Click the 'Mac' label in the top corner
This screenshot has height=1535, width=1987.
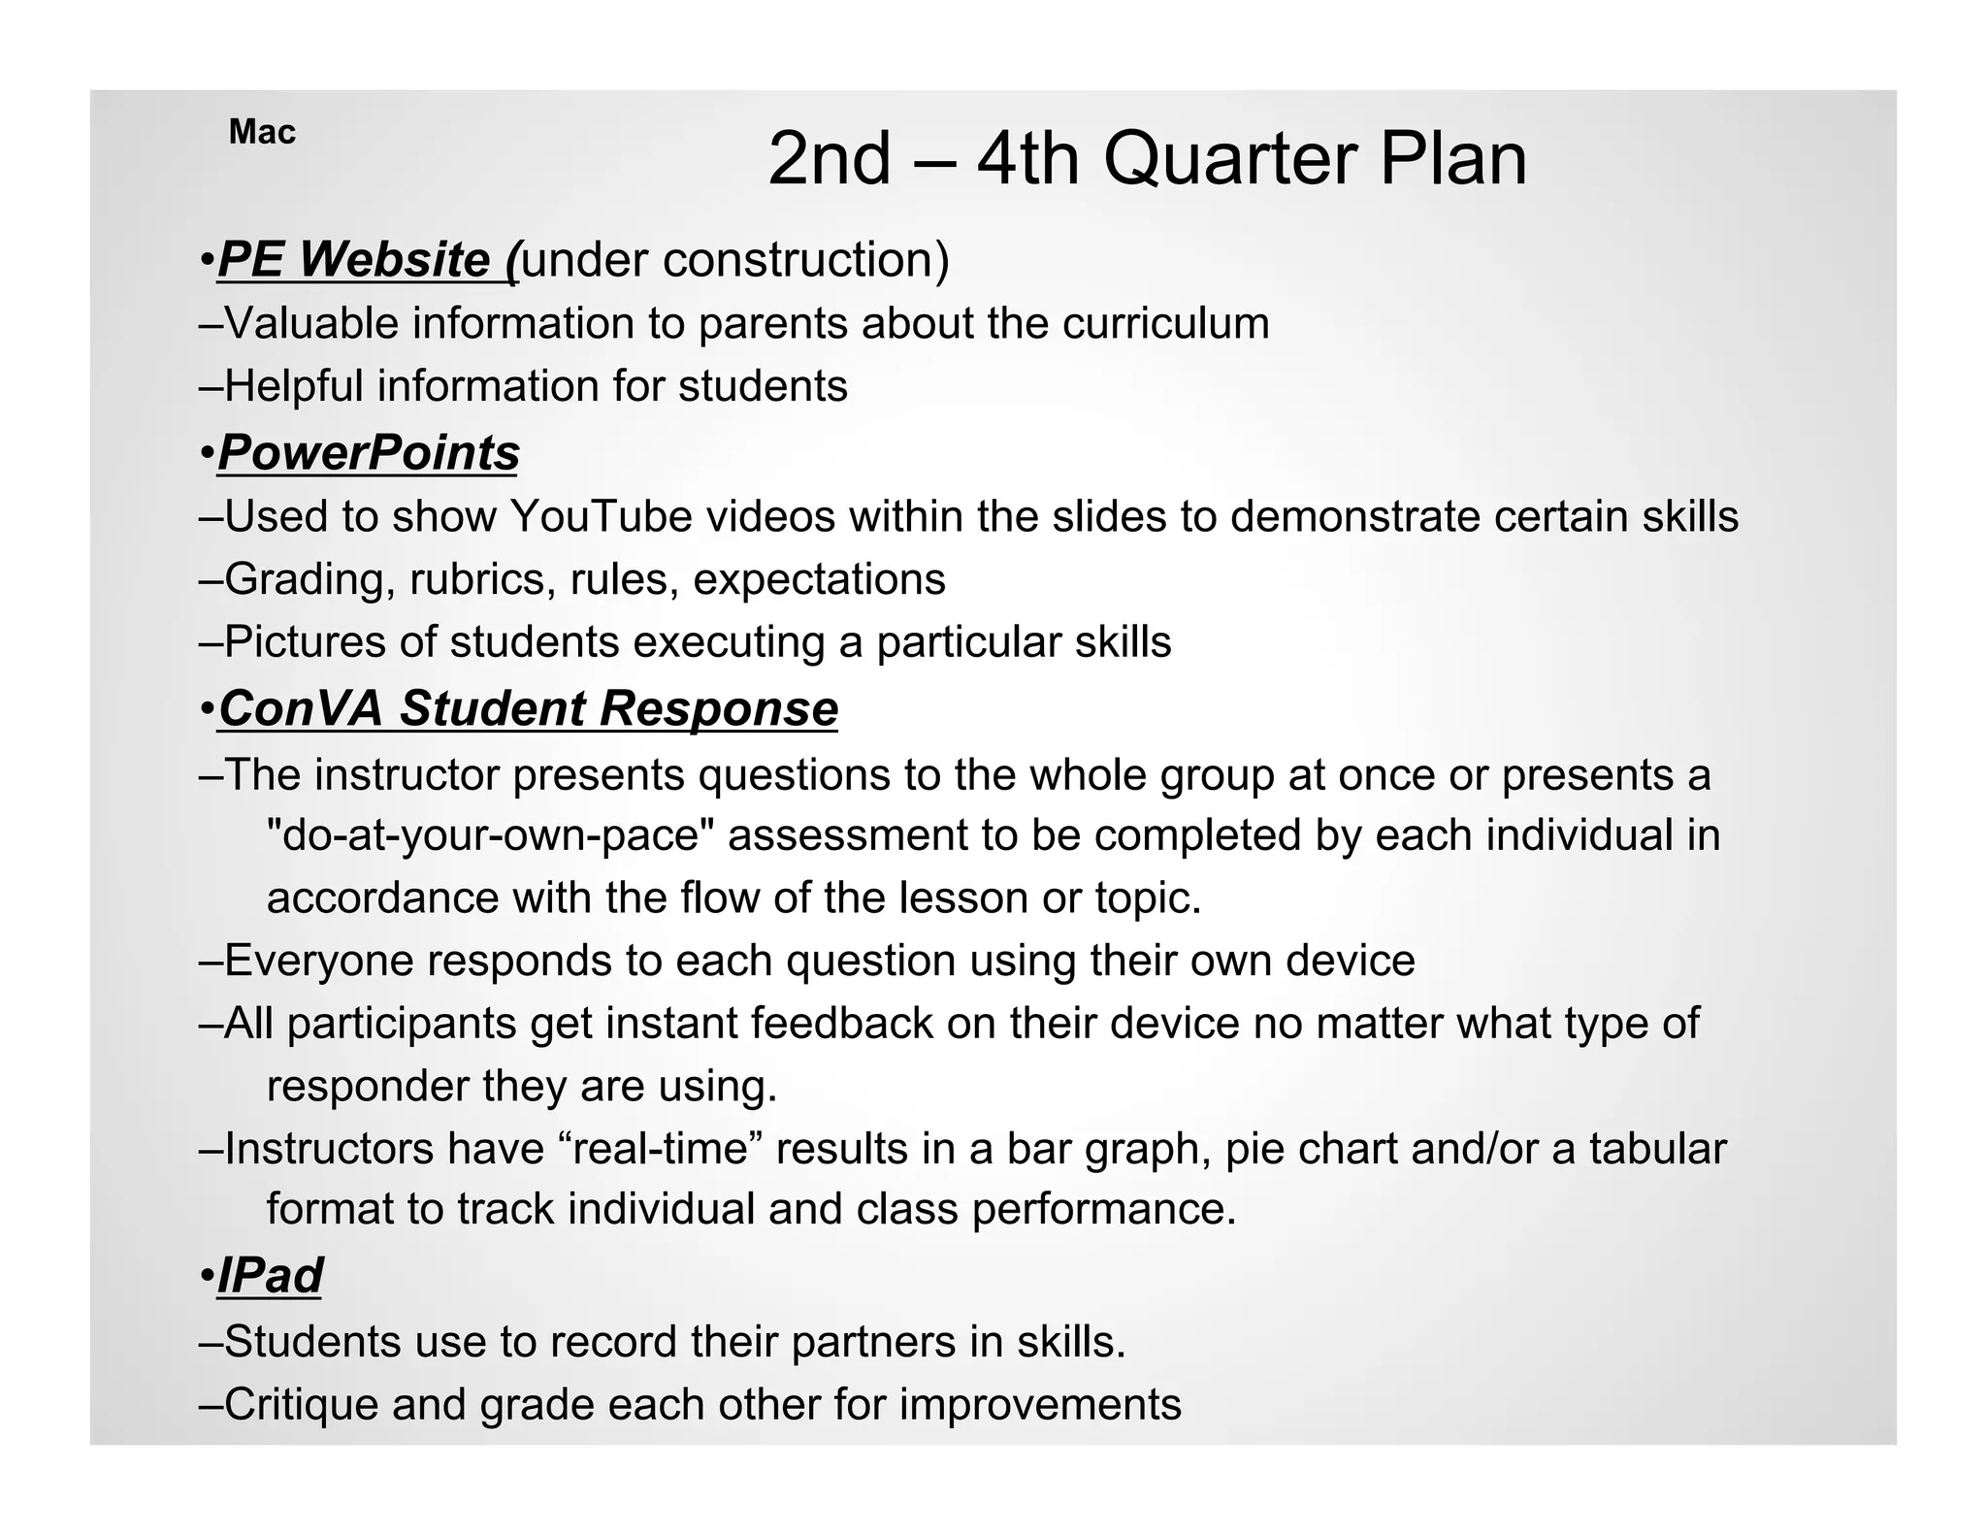[262, 132]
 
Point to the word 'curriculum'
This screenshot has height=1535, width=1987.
[1165, 323]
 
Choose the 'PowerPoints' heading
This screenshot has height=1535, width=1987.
[369, 453]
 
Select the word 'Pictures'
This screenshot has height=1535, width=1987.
[305, 642]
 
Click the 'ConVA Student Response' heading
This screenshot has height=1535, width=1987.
[528, 708]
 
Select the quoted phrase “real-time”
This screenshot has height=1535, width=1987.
[660, 1149]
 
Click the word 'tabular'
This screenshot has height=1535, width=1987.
[1658, 1149]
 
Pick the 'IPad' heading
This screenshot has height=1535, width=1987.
[271, 1275]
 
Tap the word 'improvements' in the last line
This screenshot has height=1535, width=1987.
[1040, 1405]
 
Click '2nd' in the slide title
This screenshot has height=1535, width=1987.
[829, 159]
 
